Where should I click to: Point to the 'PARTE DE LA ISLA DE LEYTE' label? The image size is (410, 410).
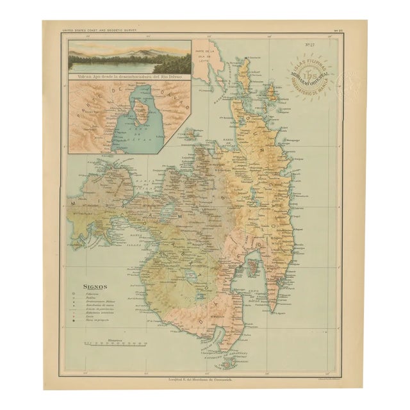pyautogui.click(x=208, y=54)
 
